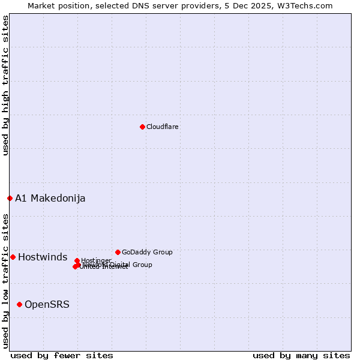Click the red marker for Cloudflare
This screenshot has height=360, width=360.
point(142,127)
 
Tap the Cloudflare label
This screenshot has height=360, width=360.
point(163,127)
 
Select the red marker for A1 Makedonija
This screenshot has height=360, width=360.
point(10,198)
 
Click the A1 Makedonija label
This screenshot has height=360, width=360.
point(50,198)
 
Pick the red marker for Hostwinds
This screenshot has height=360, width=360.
point(13,257)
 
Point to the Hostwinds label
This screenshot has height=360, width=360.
point(43,257)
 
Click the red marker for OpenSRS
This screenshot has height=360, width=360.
point(19,304)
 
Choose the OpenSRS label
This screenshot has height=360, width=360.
point(47,304)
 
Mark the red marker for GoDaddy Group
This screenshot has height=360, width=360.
point(118,252)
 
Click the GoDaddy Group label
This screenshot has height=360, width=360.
point(147,252)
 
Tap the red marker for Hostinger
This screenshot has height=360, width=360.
point(77,260)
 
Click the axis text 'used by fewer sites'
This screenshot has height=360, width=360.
point(62,355)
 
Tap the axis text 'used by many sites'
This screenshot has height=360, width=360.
point(301,355)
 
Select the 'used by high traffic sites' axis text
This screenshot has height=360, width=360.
point(6,85)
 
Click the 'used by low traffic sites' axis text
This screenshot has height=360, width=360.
point(6,280)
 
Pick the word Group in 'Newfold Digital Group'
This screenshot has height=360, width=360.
point(142,265)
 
